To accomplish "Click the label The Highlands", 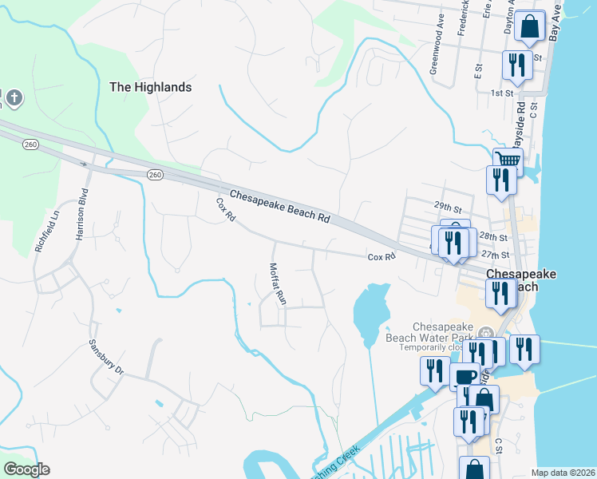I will pos(151,87).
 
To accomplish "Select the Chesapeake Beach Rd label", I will pos(279,206).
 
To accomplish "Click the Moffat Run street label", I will pos(277,285).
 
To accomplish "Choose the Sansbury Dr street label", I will pos(107,359).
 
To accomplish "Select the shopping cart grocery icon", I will pos(506,160).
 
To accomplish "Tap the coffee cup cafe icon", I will pos(465,376).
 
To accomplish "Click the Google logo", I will pos(26,469).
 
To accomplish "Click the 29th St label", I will pos(449,206).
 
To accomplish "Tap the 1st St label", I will pos(501,93).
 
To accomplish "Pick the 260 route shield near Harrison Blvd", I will pos(31,144).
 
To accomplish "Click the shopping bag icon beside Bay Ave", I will pos(529,27).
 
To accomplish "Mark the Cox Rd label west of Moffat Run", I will pos(226,209).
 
